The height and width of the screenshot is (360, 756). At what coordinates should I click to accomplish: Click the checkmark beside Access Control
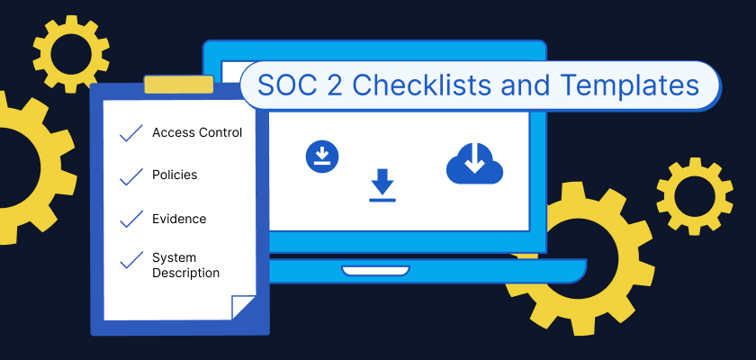131,133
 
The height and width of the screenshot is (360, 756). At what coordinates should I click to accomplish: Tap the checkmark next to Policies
131,177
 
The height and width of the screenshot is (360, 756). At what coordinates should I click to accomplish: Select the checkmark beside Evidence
131,219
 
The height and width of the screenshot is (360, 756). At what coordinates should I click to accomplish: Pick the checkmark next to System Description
131,260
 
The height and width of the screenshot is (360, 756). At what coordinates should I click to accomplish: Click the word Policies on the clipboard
175,175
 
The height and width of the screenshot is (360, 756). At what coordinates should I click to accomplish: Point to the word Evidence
179,219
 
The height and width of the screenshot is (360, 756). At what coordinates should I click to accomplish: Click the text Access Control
197,132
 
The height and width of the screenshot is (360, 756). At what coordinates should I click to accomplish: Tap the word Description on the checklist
185,273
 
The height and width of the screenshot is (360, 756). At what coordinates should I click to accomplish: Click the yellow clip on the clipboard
179,85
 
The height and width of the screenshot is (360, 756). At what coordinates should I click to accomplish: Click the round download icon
322,157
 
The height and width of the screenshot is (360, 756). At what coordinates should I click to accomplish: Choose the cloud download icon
474,163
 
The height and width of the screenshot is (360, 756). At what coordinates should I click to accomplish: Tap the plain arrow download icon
382,185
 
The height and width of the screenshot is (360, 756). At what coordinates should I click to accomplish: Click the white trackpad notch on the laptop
375,270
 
